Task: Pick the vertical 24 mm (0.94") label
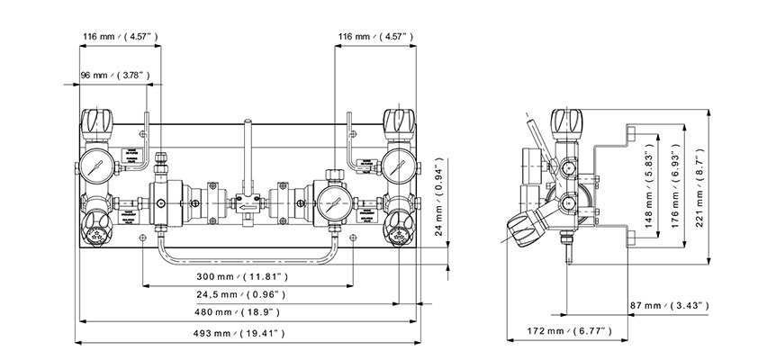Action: click(x=439, y=197)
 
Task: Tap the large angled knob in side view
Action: click(x=529, y=226)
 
